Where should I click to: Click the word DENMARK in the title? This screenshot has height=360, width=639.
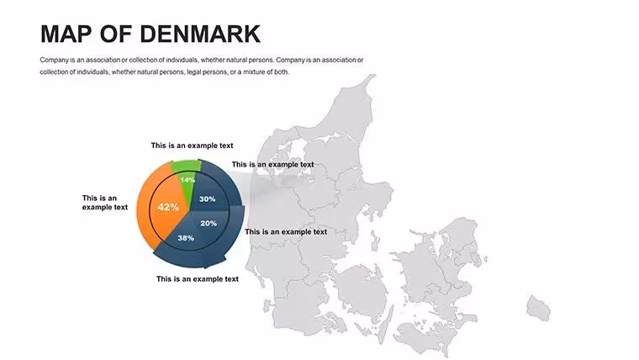pyautogui.click(x=200, y=34)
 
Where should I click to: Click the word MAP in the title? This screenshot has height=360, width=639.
pyautogui.click(x=66, y=34)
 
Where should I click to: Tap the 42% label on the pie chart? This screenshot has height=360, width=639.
pyautogui.click(x=168, y=207)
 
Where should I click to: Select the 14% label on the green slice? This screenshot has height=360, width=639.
pyautogui.click(x=187, y=180)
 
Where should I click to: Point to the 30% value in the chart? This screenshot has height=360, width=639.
pyautogui.click(x=207, y=199)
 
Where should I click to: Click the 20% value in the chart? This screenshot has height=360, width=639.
pyautogui.click(x=209, y=223)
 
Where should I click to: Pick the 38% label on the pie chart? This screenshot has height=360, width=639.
pyautogui.click(x=186, y=238)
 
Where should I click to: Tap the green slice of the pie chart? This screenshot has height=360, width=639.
pyautogui.click(x=187, y=179)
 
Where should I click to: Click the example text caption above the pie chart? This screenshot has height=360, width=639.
pyautogui.click(x=192, y=146)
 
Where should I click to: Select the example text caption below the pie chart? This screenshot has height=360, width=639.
pyautogui.click(x=198, y=279)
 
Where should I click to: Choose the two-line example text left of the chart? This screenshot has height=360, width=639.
pyautogui.click(x=105, y=203)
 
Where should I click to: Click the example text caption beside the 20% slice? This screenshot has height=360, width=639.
pyautogui.click(x=286, y=231)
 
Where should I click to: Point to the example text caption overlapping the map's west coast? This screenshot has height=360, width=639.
pyautogui.click(x=272, y=164)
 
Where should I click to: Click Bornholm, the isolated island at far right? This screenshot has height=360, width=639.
pyautogui.click(x=538, y=308)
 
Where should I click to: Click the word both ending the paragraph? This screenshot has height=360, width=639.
pyautogui.click(x=281, y=71)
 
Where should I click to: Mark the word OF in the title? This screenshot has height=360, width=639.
pyautogui.click(x=116, y=34)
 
